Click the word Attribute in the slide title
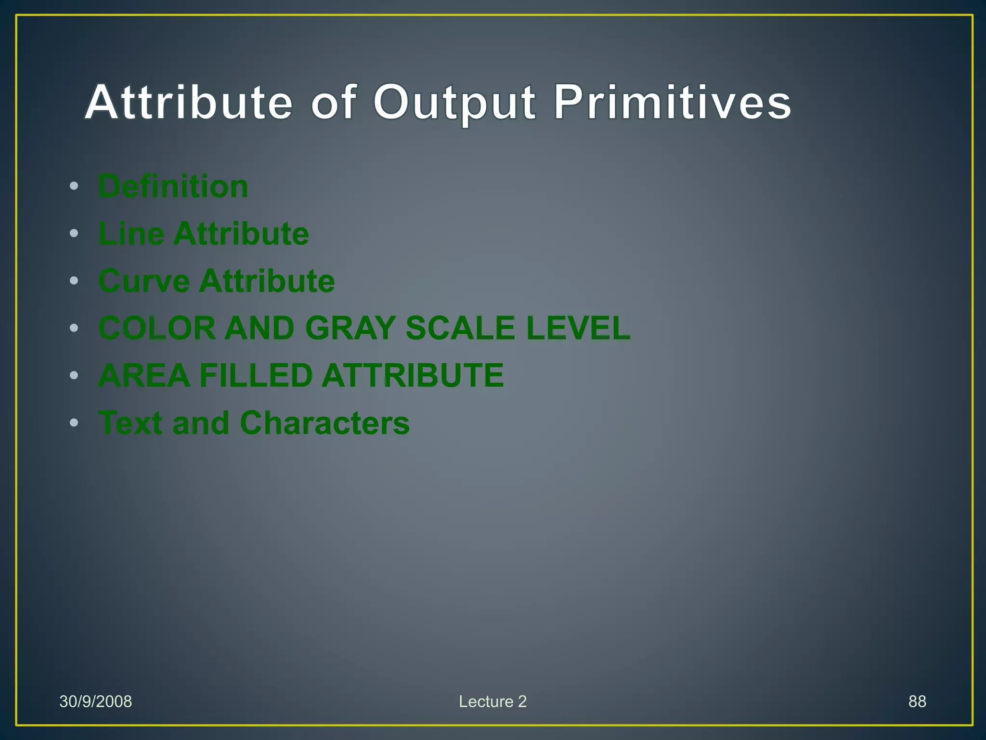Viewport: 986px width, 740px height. click(x=189, y=103)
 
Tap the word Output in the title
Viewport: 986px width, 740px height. click(x=454, y=103)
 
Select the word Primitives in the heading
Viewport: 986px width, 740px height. click(x=672, y=103)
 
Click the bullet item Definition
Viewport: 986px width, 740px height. click(x=173, y=186)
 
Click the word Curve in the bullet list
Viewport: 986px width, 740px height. click(x=144, y=281)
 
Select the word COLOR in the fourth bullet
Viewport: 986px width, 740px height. click(x=157, y=328)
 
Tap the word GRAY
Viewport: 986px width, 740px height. click(x=350, y=328)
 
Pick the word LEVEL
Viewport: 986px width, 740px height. click(x=578, y=328)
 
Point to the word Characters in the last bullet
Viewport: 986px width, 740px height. click(x=324, y=423)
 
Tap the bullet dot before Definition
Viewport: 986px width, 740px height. click(x=74, y=186)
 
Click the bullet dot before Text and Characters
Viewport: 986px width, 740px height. click(x=74, y=423)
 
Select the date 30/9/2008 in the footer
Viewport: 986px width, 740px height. click(x=95, y=701)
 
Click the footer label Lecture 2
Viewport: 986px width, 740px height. click(x=493, y=701)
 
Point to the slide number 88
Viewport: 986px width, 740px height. click(x=917, y=701)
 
